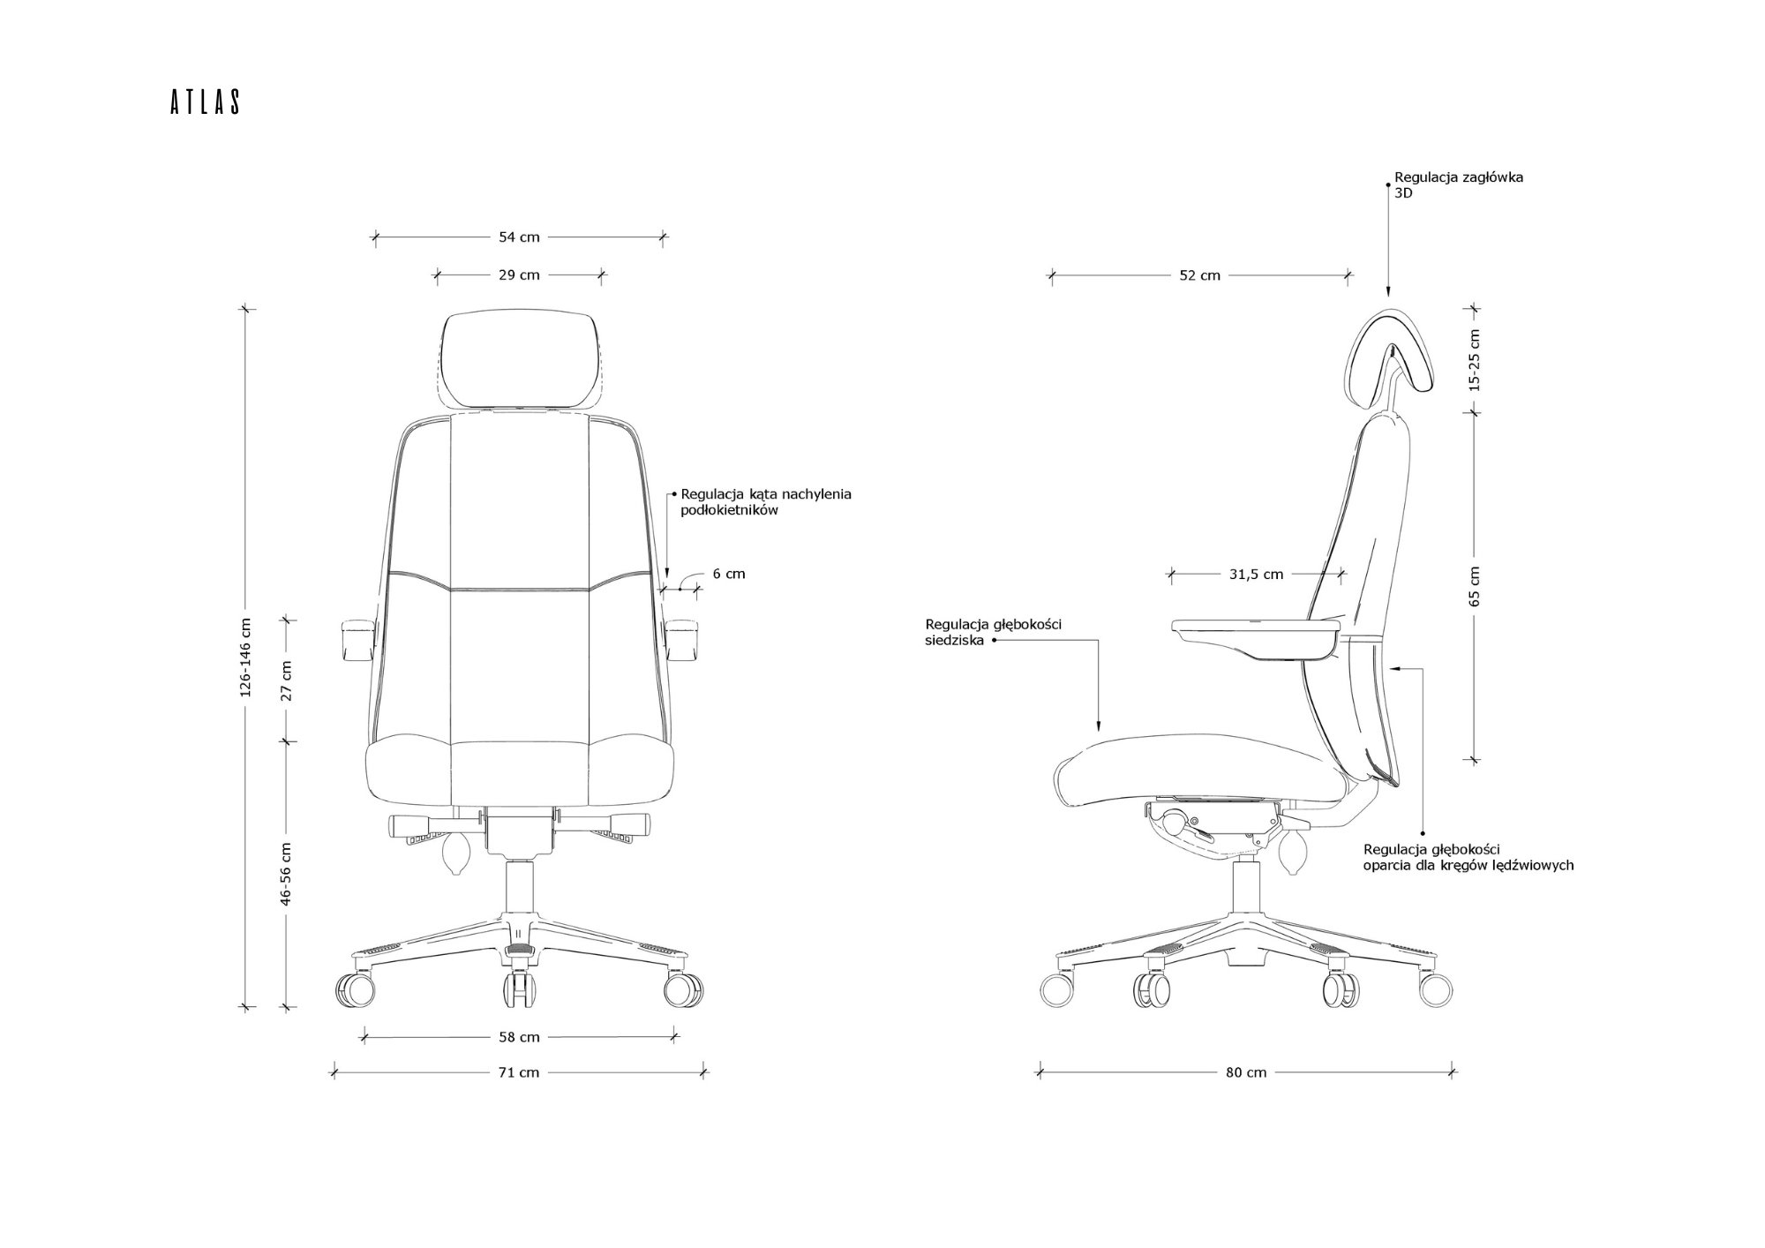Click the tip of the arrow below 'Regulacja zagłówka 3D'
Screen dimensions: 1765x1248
point(1388,297)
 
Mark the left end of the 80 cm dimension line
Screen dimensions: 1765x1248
point(1040,1073)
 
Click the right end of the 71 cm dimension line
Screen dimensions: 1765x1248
point(703,1073)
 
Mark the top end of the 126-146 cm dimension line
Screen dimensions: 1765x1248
point(246,309)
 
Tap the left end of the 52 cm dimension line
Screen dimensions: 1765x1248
point(1051,275)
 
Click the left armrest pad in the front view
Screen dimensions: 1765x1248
point(356,642)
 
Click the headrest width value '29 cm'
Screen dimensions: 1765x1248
point(519,275)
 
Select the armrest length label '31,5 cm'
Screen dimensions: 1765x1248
point(1256,575)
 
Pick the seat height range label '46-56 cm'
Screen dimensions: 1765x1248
point(285,874)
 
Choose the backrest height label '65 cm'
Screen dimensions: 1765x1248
point(1475,586)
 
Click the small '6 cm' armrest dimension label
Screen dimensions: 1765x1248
point(729,574)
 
